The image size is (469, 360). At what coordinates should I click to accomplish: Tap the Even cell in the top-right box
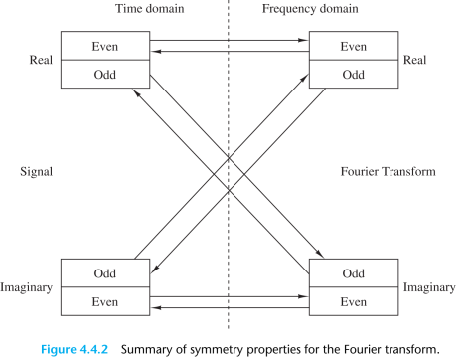tap(353, 46)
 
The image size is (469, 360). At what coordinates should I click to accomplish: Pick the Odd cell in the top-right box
tap(353, 75)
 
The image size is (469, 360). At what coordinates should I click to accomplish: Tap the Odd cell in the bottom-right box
tap(353, 272)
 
